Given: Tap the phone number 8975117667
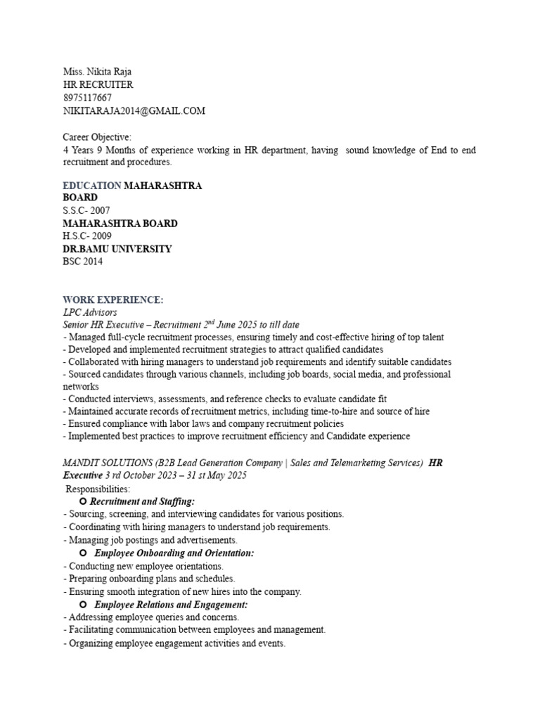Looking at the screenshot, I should tap(87, 98).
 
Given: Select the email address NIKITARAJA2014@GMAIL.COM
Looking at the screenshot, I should tap(134, 111).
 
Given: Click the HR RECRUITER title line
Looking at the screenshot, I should tap(98, 85).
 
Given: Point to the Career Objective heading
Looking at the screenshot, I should tap(97, 137).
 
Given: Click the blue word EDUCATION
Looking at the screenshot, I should tap(91, 186).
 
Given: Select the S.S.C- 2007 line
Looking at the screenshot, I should tap(86, 211).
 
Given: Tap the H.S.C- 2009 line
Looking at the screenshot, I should tap(86, 236).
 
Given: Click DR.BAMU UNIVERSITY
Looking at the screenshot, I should tap(117, 249).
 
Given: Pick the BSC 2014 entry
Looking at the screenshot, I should tap(82, 262).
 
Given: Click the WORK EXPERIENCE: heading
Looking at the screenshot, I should tap(112, 300).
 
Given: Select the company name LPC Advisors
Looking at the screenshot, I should tap(90, 312).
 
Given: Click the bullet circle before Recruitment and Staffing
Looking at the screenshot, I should tap(83, 501).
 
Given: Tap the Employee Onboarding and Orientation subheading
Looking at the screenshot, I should tap(174, 553).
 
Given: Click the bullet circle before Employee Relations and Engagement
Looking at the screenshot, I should tap(83, 605).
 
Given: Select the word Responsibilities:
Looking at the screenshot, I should tap(98, 489).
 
